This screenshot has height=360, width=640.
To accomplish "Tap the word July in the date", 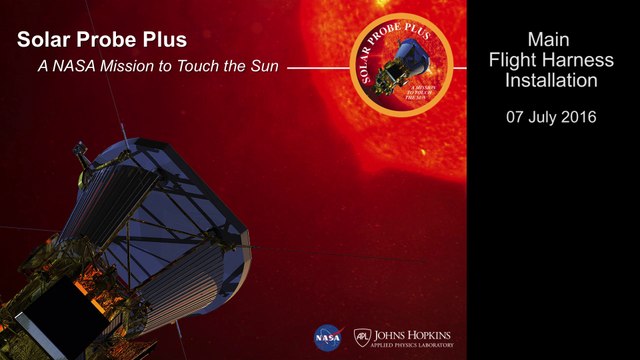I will pyautogui.click(x=547, y=117).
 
